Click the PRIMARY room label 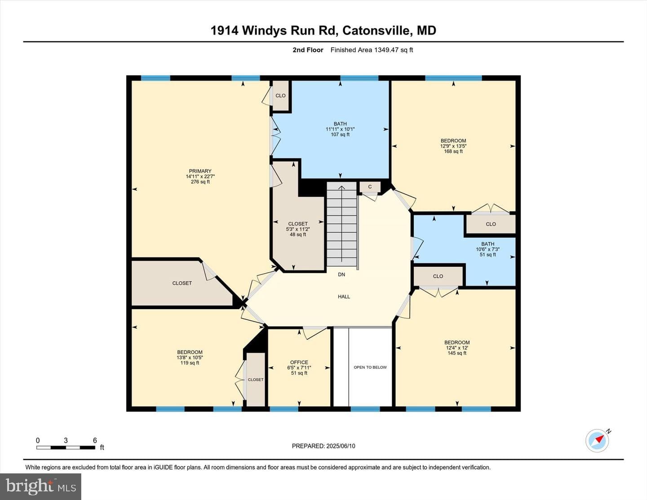(200, 171)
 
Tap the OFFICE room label (299, 362)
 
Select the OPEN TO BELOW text (370, 367)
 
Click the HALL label (344, 296)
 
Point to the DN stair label (341, 274)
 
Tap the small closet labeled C (370, 187)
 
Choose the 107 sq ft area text (340, 134)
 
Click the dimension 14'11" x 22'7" (200, 176)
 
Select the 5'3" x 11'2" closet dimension (298, 229)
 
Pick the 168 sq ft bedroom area (453, 151)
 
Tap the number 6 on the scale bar (95, 440)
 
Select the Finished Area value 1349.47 (386, 50)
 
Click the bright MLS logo (40, 487)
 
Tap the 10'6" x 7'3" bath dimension (487, 249)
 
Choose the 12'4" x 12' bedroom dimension (457, 348)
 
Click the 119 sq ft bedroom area (190, 363)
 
